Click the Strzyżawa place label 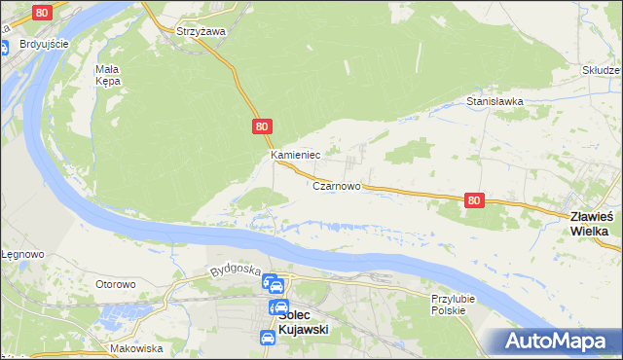(201, 31)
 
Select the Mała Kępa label (107, 75)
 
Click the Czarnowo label (337, 185)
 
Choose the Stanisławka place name (495, 100)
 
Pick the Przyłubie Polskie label (449, 304)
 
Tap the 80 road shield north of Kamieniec (261, 126)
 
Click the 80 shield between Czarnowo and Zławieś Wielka (473, 199)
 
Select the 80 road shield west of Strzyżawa (40, 13)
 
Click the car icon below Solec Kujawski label (267, 338)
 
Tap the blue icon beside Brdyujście (5, 45)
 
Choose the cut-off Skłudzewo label (602, 70)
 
